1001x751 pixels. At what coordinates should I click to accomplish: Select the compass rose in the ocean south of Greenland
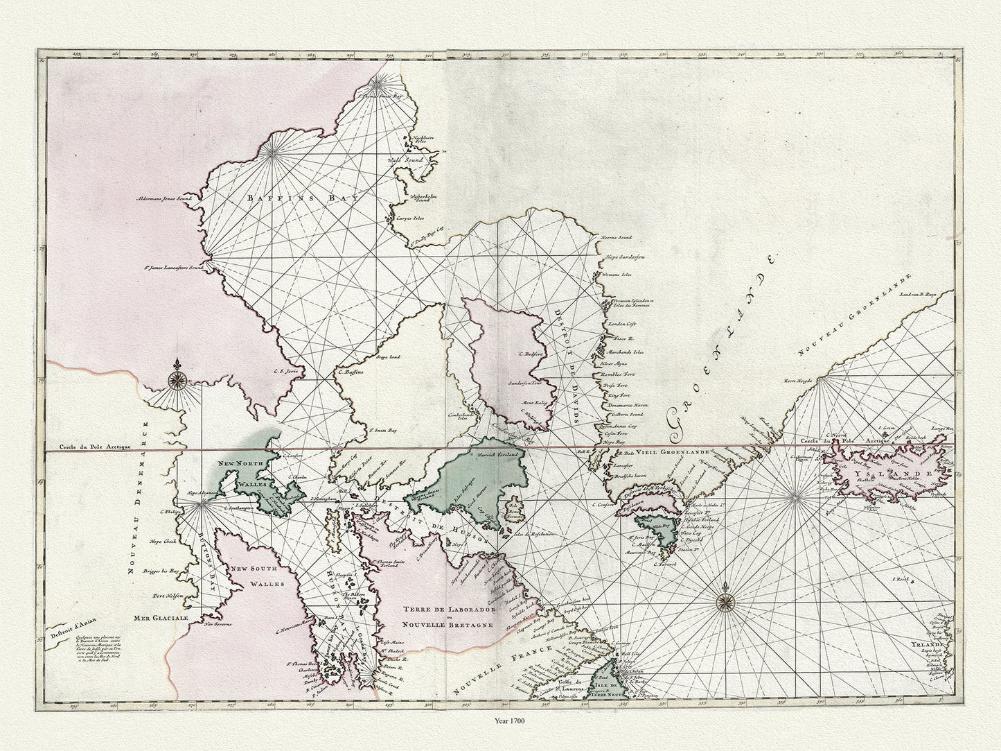coord(727,598)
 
